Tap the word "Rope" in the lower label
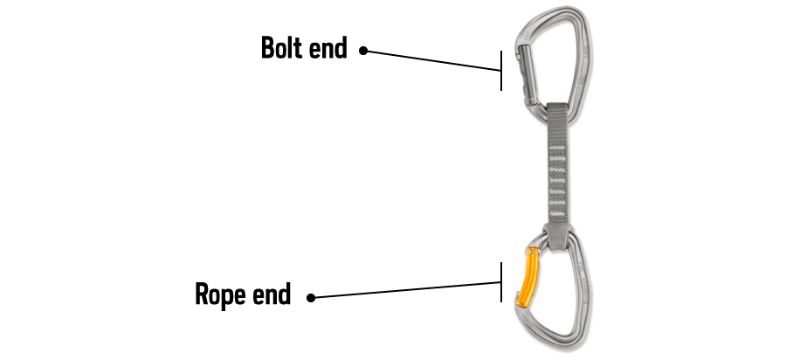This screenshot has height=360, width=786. click(221, 294)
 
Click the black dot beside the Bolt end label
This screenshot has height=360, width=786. click(363, 52)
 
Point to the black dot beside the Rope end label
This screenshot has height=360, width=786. click(311, 298)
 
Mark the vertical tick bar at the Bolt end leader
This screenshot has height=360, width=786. click(501, 70)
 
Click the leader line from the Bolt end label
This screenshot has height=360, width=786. click(432, 60)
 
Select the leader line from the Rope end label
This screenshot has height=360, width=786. click(406, 290)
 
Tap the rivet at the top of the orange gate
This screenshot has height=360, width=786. click(534, 251)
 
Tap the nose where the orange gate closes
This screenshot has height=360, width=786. click(525, 316)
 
